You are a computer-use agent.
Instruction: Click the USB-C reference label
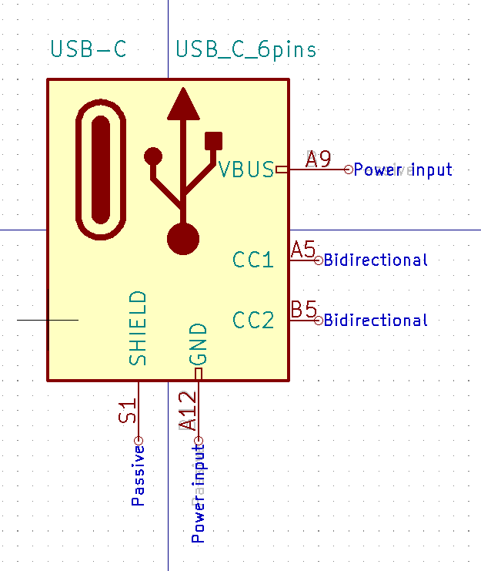coord(88,50)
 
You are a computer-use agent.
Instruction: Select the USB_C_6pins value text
coord(246,50)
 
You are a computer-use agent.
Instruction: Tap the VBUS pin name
coord(246,169)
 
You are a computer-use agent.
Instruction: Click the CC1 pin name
coord(253,260)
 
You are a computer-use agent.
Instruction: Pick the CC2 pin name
coord(253,320)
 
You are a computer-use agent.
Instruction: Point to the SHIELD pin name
coord(138,327)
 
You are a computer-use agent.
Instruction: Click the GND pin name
coord(198,344)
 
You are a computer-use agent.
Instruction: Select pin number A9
coord(318,160)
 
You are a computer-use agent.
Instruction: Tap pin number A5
coord(303,250)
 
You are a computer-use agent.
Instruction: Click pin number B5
coord(303,310)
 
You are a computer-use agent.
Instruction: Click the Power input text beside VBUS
coord(403,170)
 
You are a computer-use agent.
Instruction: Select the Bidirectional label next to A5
coord(376,260)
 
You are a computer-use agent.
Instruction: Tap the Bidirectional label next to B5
coord(376,320)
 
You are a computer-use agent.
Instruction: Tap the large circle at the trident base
coord(183,238)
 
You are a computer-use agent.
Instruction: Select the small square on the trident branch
coord(213,140)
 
